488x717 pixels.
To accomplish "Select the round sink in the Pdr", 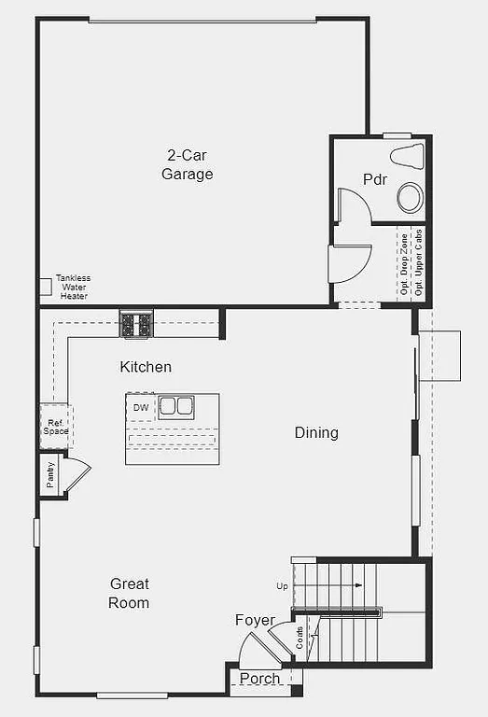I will (x=410, y=197).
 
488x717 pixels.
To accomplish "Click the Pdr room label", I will (x=375, y=178).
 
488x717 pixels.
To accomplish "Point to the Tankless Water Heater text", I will (x=74, y=287).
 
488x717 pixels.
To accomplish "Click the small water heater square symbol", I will (x=45, y=286).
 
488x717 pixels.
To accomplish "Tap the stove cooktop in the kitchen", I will (x=135, y=324).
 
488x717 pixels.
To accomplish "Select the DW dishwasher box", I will (x=141, y=408).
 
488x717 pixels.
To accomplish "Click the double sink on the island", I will (x=175, y=407).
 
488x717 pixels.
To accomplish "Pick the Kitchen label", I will (x=146, y=367).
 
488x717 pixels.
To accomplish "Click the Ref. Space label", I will (x=55, y=427).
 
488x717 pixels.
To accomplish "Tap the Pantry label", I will (x=49, y=474).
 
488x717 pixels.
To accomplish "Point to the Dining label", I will (x=316, y=432).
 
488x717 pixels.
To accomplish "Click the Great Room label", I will (x=129, y=593).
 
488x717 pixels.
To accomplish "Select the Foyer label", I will (x=255, y=620).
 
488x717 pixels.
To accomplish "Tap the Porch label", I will (x=259, y=679).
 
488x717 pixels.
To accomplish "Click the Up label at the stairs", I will (x=282, y=585).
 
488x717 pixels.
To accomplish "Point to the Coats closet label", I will (x=300, y=639).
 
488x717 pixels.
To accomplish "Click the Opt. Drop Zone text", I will (x=405, y=265).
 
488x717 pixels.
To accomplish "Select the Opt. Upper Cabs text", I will (x=419, y=263).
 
